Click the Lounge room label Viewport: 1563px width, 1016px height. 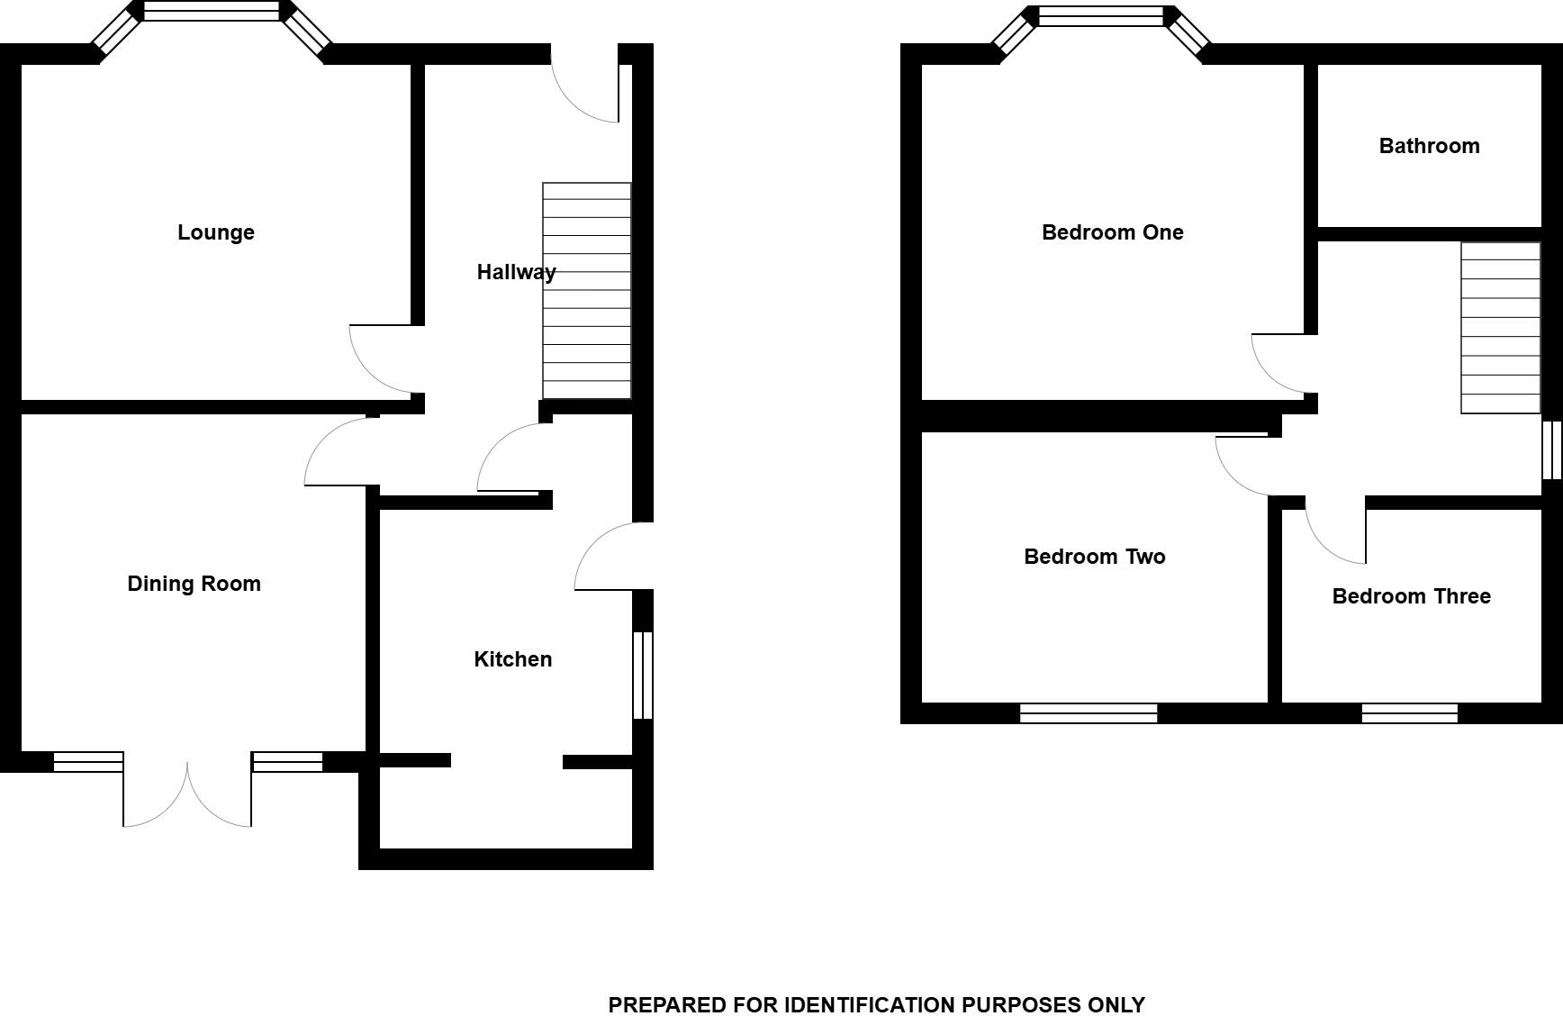tap(216, 232)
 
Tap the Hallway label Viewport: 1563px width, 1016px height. tap(516, 272)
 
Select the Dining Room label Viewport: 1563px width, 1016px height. tap(194, 584)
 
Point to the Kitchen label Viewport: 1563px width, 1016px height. tap(512, 659)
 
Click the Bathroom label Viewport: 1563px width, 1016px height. tap(1429, 146)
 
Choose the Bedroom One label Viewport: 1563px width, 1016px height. tap(1112, 232)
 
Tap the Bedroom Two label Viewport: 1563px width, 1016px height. tap(1094, 557)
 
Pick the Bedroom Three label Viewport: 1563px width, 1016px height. tap(1411, 596)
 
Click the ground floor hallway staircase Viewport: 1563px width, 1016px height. tap(586, 290)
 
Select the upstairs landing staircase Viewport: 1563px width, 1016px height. tap(1500, 328)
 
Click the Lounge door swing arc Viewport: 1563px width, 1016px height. tap(378, 360)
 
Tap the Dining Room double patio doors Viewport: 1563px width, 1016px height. tap(187, 793)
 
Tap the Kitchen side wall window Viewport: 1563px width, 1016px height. tap(642, 676)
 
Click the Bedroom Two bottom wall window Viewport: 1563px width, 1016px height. tap(1088, 713)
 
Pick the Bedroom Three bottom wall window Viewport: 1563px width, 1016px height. tap(1409, 713)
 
